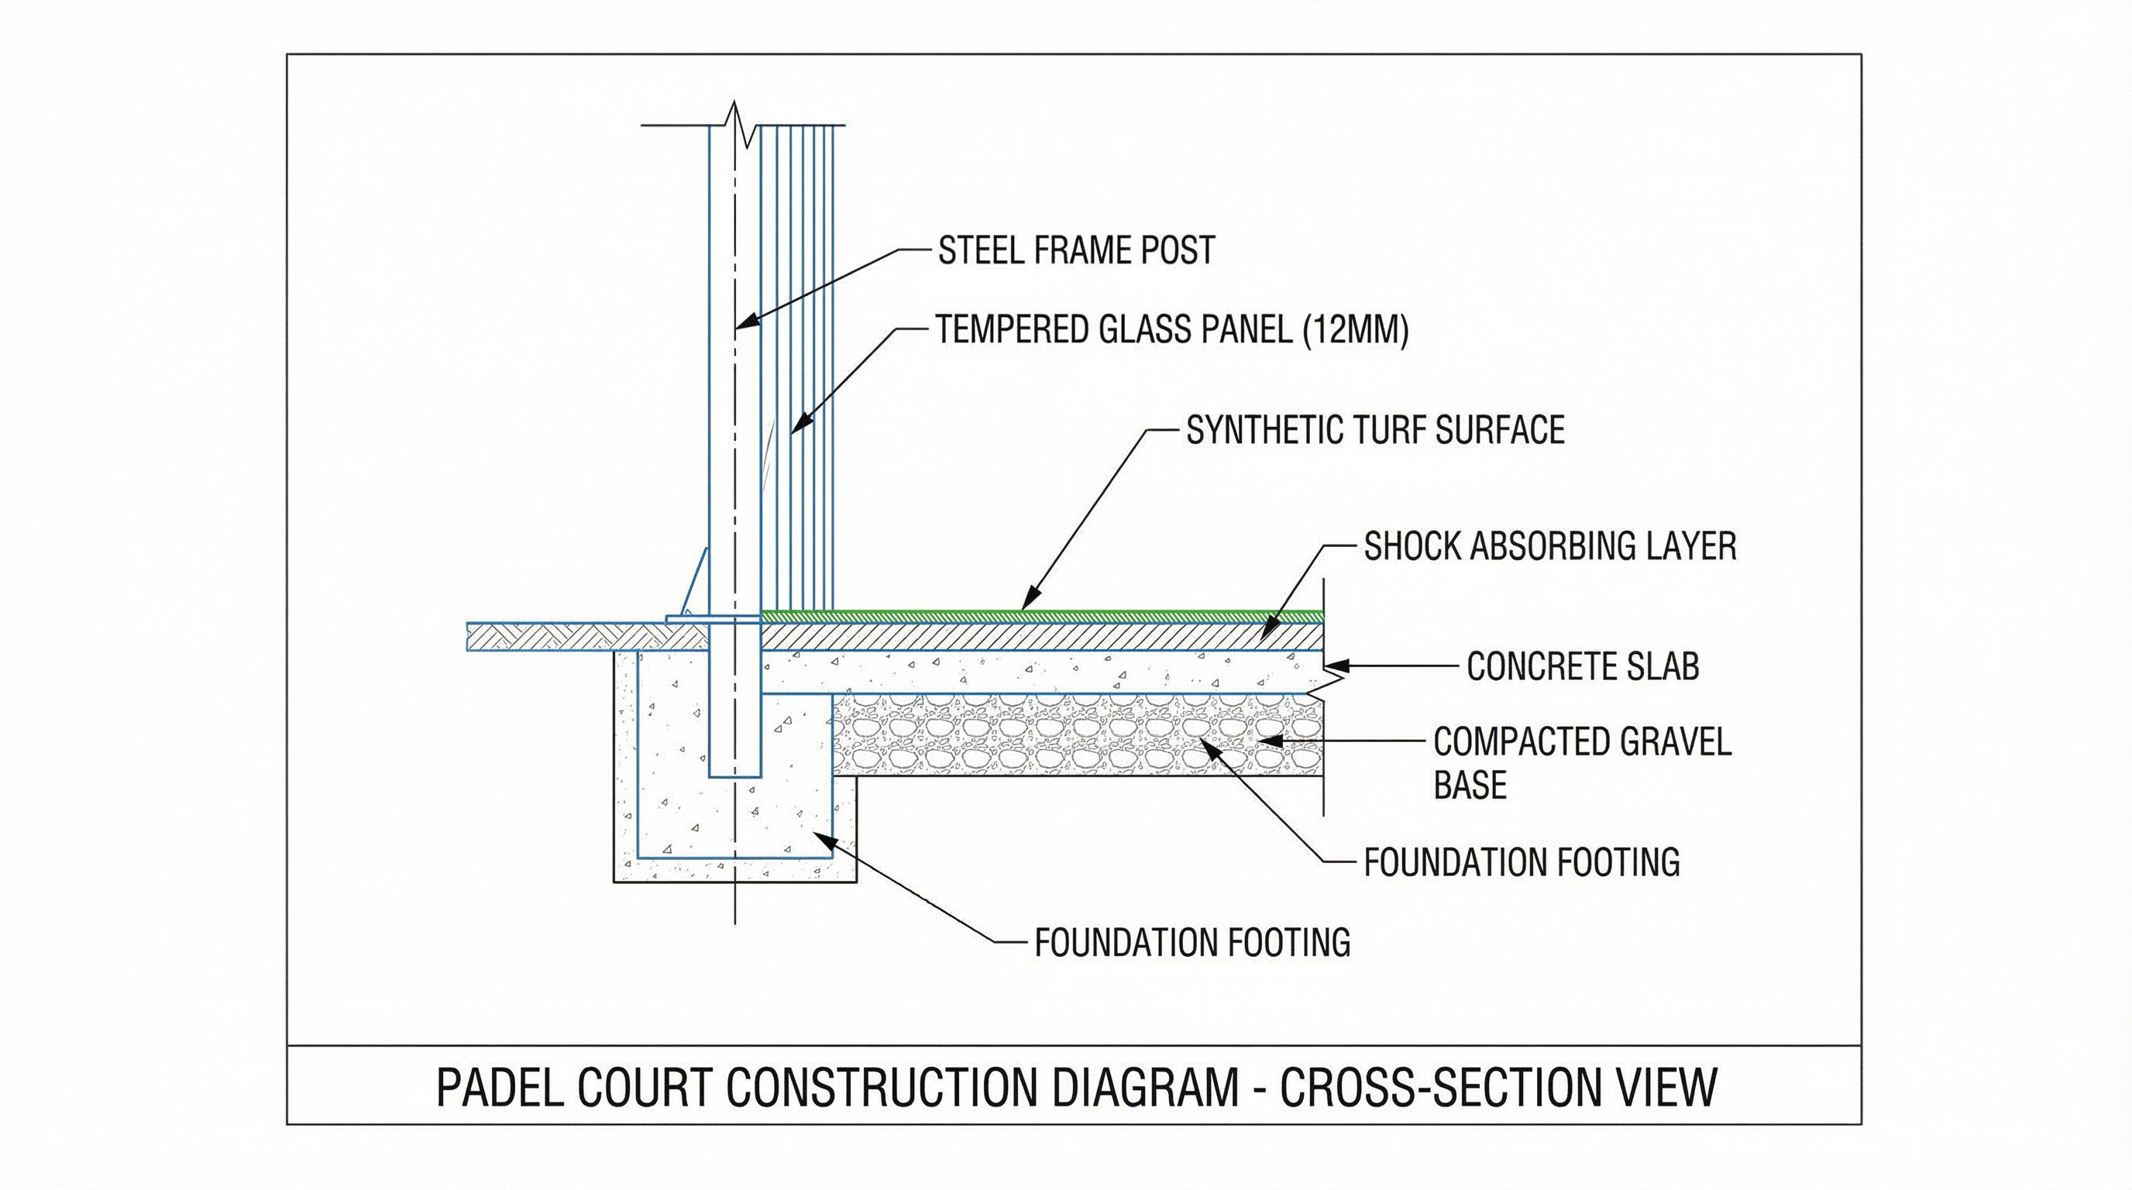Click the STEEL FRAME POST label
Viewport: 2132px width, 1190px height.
[x=1075, y=251]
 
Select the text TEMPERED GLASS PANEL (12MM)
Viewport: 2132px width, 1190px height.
[x=1171, y=330]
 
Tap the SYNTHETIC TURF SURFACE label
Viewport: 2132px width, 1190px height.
[x=1374, y=430]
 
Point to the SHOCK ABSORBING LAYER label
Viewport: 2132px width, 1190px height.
[x=1549, y=547]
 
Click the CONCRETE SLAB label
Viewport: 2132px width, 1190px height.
[x=1583, y=667]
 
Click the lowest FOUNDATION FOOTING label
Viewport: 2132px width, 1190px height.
[x=1192, y=943]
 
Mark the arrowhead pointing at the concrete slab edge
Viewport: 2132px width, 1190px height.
[x=1331, y=665]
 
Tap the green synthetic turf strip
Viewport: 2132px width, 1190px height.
[x=1043, y=615]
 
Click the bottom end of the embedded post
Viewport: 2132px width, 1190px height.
[x=735, y=775]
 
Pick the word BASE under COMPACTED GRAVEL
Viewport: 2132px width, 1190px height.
[x=1469, y=785]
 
